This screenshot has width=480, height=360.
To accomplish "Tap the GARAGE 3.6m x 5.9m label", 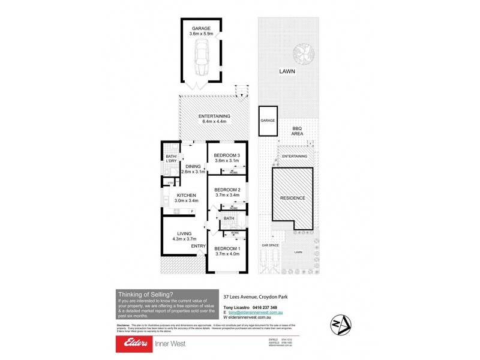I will click(x=200, y=31).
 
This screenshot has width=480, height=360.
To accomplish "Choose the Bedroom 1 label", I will click(x=227, y=250).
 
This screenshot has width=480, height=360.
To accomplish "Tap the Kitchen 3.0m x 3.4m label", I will click(x=187, y=198).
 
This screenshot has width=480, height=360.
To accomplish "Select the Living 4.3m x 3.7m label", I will click(x=184, y=236).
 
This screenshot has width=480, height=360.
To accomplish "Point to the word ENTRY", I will click(x=198, y=246).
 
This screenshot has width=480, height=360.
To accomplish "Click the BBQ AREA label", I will click(x=297, y=131).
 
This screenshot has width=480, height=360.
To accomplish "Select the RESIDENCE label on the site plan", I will click(x=293, y=198).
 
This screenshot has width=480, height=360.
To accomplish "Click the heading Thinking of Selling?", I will click(x=145, y=293).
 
